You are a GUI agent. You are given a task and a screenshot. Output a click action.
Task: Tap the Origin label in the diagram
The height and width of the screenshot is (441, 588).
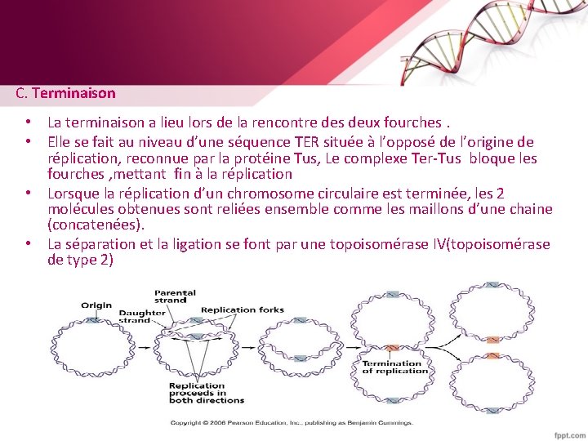click(x=96, y=305)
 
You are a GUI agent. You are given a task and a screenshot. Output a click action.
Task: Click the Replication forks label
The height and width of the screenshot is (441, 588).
click(x=242, y=310)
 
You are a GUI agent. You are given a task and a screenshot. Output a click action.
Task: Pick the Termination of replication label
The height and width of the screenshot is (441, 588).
click(x=395, y=367)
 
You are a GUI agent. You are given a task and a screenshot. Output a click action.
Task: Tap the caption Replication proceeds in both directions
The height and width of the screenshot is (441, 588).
click(x=207, y=393)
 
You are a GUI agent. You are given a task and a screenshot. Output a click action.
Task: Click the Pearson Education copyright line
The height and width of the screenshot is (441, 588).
click(x=292, y=422)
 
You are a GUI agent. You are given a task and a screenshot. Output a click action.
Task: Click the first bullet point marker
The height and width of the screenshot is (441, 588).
click(x=28, y=122)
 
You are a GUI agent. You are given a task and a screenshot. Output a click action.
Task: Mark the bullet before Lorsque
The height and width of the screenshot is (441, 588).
click(x=28, y=192)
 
